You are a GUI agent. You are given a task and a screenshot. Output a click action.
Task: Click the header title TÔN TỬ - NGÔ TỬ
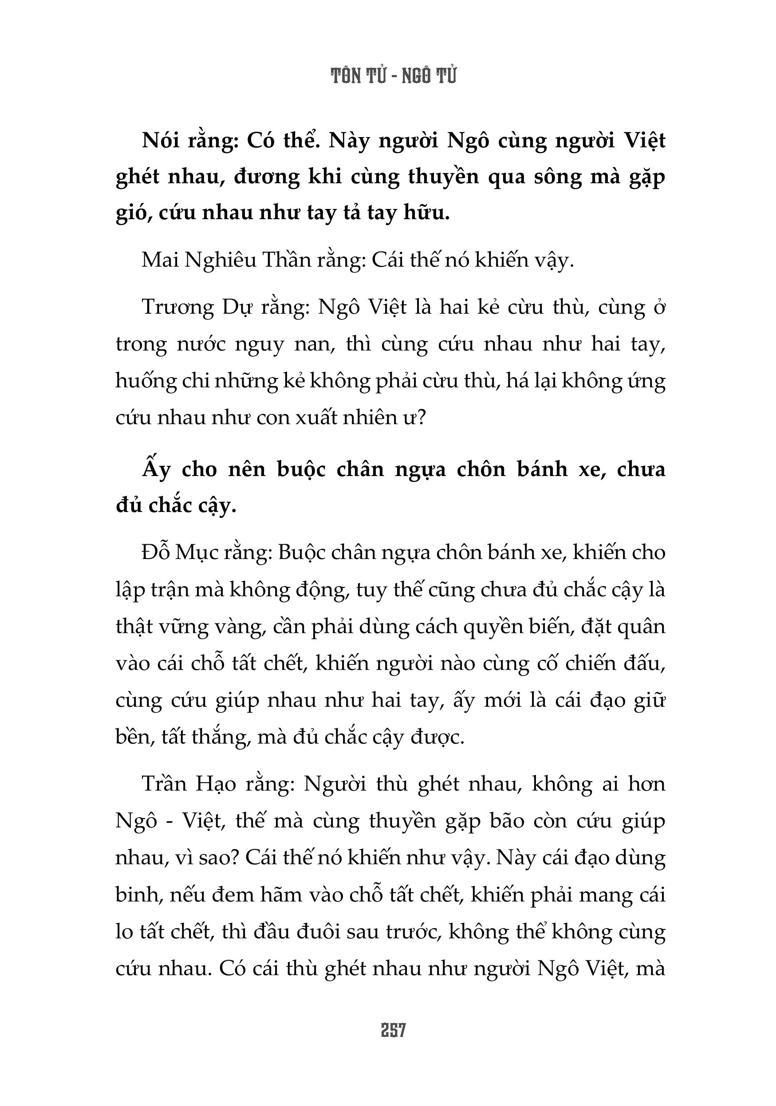(394, 76)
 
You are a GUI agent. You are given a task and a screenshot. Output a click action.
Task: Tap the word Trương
(177, 307)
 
